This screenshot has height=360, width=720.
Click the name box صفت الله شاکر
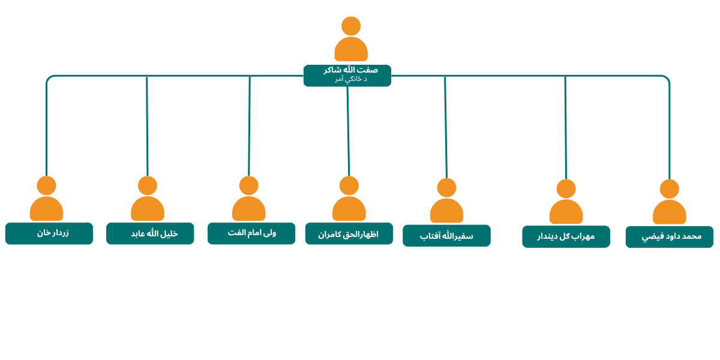347,76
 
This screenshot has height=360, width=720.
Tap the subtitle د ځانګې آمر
350,79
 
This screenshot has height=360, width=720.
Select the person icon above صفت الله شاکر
351,39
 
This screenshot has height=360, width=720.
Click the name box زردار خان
49,233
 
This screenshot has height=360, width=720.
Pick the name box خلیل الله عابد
150,233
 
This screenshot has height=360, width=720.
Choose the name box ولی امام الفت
251,233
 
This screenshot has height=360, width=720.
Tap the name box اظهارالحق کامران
349,233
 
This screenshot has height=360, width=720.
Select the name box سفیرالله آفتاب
446,236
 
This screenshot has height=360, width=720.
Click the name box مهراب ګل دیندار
566,236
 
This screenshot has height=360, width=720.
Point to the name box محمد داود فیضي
670,237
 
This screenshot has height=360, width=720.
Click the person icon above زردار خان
47,199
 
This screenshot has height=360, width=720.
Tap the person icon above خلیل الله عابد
148,199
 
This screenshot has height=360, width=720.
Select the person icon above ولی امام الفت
249,199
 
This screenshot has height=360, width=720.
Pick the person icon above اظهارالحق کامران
349,199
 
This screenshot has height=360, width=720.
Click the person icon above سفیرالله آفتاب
446,200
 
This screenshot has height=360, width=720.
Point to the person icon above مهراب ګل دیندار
566,202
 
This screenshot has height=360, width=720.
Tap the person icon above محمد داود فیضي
670,202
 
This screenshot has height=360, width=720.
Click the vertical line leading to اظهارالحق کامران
348,131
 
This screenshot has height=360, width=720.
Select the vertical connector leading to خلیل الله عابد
147,127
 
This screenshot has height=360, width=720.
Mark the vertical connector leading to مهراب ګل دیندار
566,128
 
